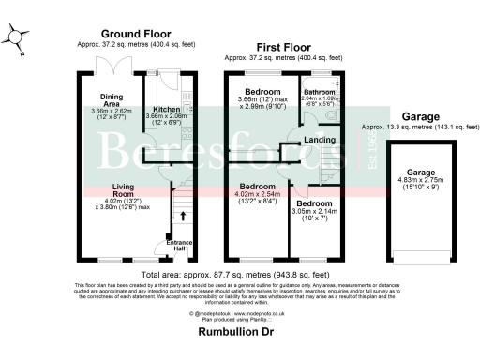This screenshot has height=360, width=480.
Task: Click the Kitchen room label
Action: pos(167,110)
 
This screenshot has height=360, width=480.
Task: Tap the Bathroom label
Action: pos(320,92)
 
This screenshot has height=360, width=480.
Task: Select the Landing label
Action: pos(316,141)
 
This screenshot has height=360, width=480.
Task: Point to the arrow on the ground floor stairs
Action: pos(181,217)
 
